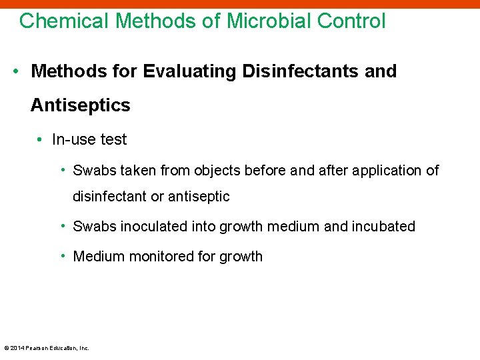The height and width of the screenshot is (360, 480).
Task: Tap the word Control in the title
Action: coord(351,21)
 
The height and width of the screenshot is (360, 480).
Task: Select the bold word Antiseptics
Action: coord(80,105)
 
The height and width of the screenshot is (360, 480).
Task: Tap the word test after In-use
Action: coord(113,139)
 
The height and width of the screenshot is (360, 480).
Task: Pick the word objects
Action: coord(218,171)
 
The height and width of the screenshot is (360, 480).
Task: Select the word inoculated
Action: coord(154,227)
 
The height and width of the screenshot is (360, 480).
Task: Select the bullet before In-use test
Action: coord(41,139)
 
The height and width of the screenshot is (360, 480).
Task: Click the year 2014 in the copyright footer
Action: coord(17,348)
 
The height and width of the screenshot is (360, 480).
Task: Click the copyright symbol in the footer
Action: coord(6,348)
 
